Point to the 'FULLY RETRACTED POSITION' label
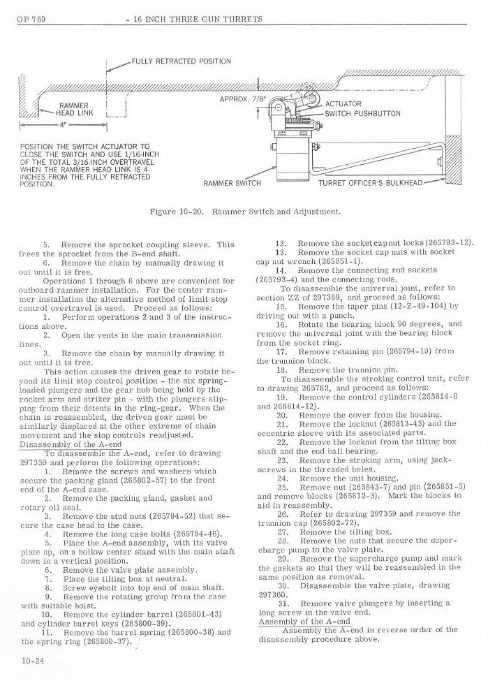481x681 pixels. pyautogui.click(x=181, y=61)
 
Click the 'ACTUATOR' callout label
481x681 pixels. pyautogui.click(x=343, y=103)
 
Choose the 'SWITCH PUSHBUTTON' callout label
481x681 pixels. pyautogui.click(x=362, y=114)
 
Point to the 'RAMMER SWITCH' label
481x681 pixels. pyautogui.click(x=232, y=184)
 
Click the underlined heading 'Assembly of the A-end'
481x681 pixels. pyautogui.click(x=295, y=620)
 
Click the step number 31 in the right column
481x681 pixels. pyautogui.click(x=283, y=602)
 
